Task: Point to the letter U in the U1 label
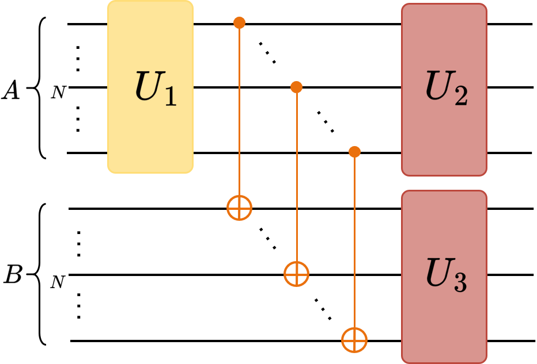point(148,88)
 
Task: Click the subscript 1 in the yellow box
point(170,96)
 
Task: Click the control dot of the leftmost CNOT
point(239,23)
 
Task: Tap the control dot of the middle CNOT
point(296,87)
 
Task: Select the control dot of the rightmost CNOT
point(354,152)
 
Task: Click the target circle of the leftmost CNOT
point(239,208)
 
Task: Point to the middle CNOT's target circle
point(296,274)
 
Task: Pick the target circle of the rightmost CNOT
point(354,339)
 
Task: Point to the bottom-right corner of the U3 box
point(485,361)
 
